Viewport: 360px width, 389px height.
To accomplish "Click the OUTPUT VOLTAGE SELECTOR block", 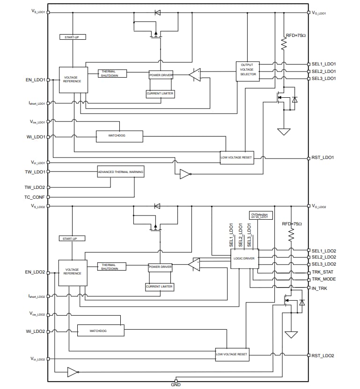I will pos(247,71).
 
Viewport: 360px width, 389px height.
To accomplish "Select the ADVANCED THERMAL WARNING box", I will pos(120,172).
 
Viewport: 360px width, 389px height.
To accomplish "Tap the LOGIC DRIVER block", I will pos(244,258).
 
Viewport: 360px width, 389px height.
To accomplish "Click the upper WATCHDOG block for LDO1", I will pos(119,136).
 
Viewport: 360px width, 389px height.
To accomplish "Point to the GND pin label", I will pos(176,385).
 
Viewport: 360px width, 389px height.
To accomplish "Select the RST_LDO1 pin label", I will pos(323,158).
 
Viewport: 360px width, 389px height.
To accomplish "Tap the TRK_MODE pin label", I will pos(323,279).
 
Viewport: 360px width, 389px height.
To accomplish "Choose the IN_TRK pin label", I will pos(320,288).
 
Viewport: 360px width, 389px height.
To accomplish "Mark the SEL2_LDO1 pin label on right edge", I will pos(323,71).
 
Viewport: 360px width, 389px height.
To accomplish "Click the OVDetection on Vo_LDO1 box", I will pos(259,215).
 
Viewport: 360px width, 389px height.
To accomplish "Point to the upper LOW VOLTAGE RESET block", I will pos(236,158).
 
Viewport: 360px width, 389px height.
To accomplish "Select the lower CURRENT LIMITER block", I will pos(159,287).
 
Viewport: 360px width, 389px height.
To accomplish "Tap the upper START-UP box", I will pos(73,36).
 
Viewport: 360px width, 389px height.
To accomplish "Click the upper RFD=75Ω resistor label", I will pos(295,35).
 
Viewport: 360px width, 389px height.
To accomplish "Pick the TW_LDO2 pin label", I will pos(35,187).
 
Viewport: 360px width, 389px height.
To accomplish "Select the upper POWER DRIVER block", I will pos(161,74).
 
